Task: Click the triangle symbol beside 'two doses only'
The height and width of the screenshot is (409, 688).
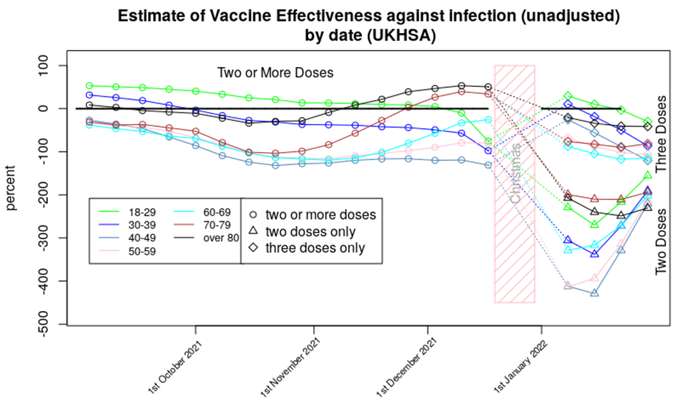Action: (x=254, y=232)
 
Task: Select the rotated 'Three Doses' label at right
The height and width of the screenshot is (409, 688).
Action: (x=661, y=133)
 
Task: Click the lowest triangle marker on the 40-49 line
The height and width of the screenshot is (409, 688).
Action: (x=595, y=293)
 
